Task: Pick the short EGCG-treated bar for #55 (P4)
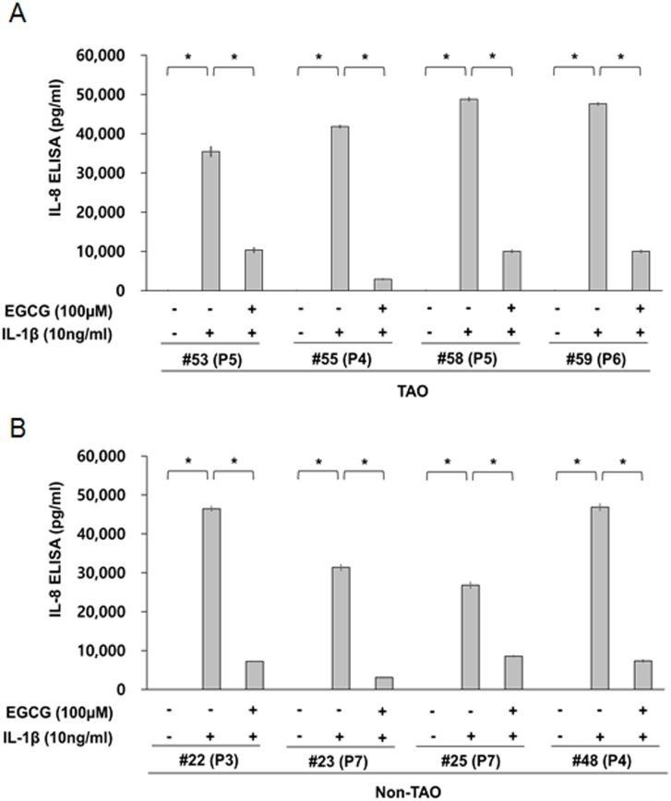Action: pyautogui.click(x=383, y=284)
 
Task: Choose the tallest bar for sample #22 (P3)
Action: pyautogui.click(x=211, y=599)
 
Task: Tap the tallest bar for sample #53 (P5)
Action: pyautogui.click(x=210, y=221)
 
